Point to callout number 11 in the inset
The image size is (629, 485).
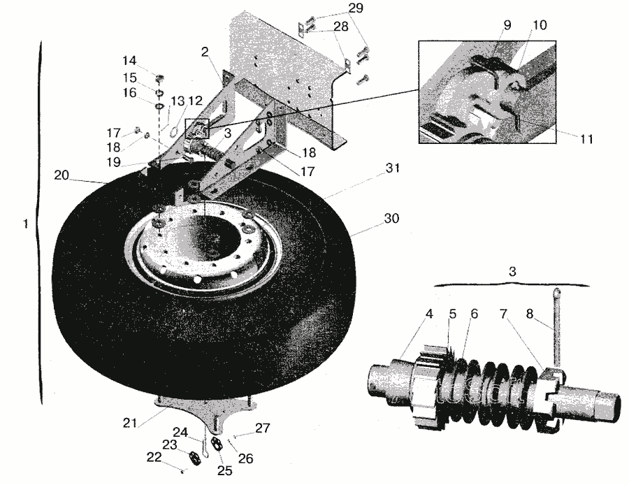tap(586, 139)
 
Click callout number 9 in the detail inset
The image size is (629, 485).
tap(507, 24)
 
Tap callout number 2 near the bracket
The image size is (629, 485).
tap(205, 51)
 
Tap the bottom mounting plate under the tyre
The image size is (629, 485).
tap(206, 406)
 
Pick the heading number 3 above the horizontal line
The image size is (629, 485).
tap(512, 273)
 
